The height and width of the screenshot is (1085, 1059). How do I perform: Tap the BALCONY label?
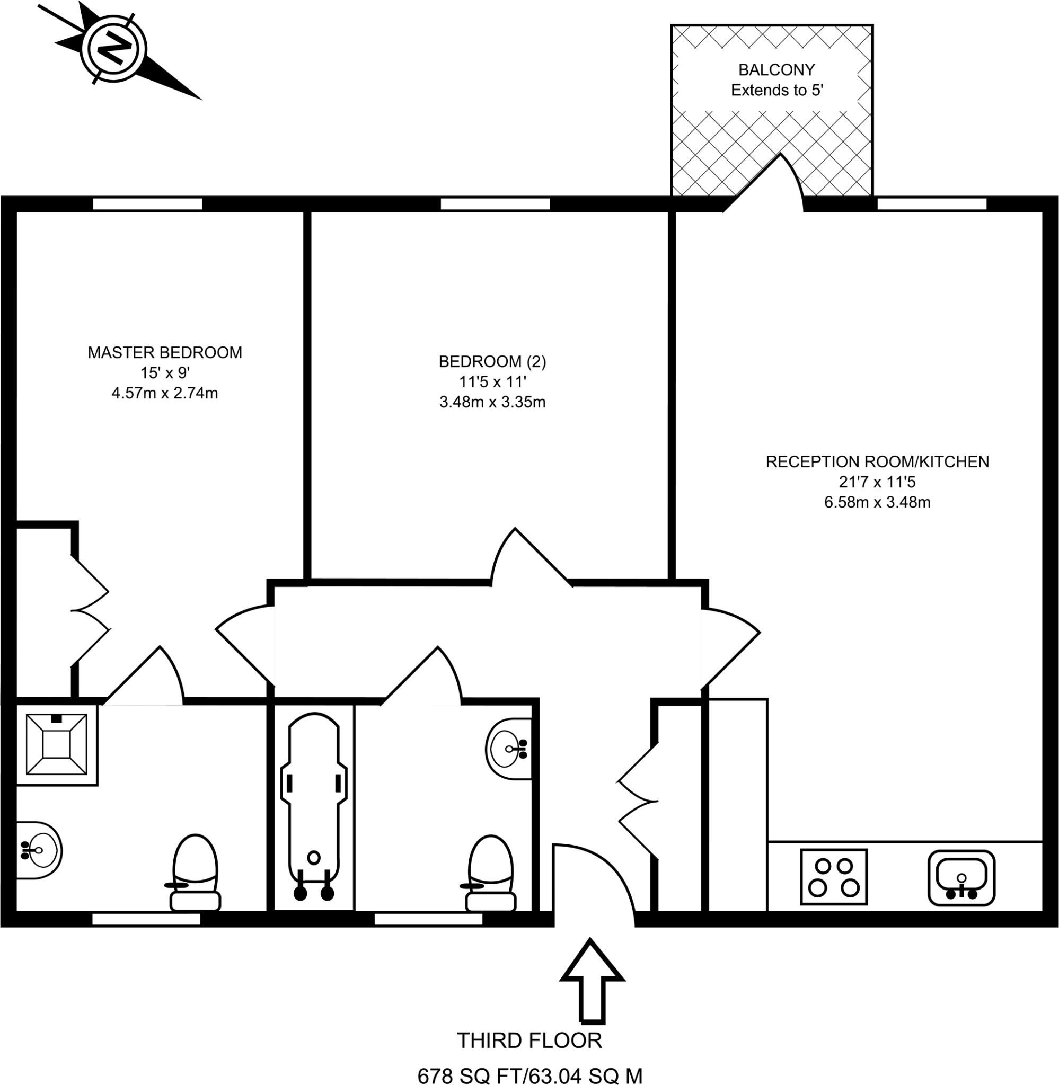tap(776, 69)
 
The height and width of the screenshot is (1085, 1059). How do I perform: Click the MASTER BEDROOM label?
tap(165, 352)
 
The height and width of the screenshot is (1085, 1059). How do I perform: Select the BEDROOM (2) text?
tap(492, 362)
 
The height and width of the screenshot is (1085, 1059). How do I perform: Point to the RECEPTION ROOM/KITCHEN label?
tap(877, 461)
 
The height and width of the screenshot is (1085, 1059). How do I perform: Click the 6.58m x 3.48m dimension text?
tap(877, 502)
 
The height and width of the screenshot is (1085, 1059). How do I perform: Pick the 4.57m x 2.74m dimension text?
tap(165, 394)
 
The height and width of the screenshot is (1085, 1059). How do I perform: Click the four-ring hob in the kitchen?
tap(833, 877)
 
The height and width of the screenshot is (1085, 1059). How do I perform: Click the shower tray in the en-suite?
tap(57, 744)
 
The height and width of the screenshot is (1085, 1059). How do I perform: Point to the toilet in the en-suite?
tap(195, 872)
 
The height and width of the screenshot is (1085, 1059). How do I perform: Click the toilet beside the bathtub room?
tap(491, 873)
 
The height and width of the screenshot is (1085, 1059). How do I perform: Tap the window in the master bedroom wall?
tap(147, 204)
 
